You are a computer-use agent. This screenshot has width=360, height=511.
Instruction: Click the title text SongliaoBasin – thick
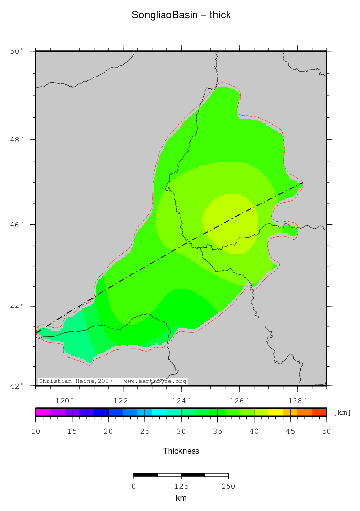(x=181, y=15)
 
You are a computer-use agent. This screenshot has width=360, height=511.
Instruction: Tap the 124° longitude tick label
(x=181, y=400)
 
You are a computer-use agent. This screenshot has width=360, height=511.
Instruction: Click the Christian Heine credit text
(x=112, y=381)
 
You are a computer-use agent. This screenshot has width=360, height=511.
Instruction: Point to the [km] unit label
(x=342, y=412)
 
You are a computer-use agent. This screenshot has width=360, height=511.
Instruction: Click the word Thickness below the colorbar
(x=181, y=451)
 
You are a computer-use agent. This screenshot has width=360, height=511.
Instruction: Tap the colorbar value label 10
(x=35, y=431)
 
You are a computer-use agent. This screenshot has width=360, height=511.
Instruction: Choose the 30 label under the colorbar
(x=181, y=431)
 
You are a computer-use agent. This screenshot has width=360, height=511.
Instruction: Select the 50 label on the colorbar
(x=326, y=431)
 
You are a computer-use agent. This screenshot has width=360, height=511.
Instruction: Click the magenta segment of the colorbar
(x=43, y=412)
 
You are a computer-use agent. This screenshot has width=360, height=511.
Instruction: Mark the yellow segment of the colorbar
(x=275, y=412)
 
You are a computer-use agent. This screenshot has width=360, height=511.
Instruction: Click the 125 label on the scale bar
(x=181, y=486)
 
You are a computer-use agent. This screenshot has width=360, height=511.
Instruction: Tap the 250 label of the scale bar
(x=228, y=486)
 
